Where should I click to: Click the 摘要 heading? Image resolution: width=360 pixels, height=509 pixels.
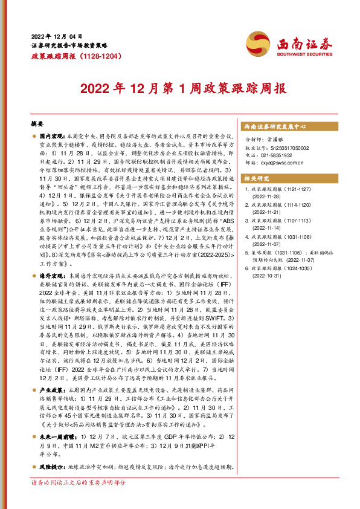[x=37, y=123]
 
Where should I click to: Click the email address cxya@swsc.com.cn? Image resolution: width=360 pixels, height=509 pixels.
[x=283, y=163]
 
